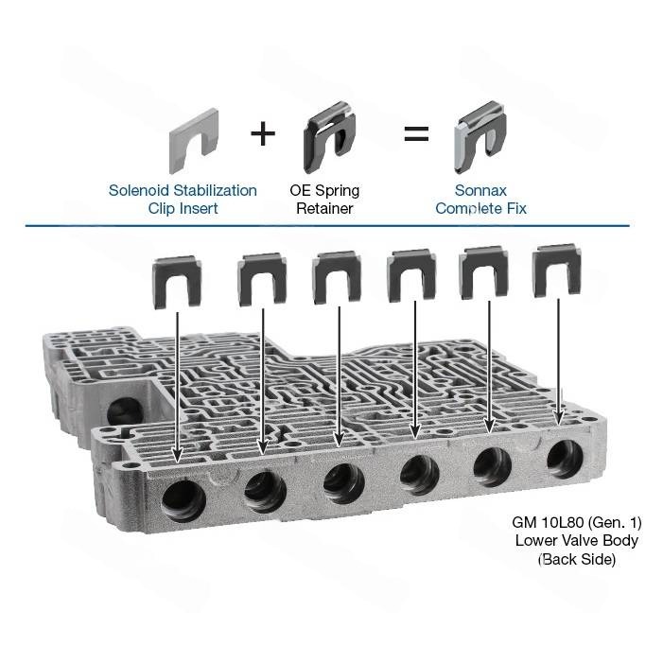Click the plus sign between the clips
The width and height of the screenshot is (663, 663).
[x=263, y=133]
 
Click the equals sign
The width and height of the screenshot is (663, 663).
[x=416, y=133]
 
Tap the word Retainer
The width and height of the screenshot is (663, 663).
[x=324, y=208]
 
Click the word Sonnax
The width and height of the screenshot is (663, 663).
[x=480, y=191]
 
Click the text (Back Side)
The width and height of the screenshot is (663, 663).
[x=577, y=559]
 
